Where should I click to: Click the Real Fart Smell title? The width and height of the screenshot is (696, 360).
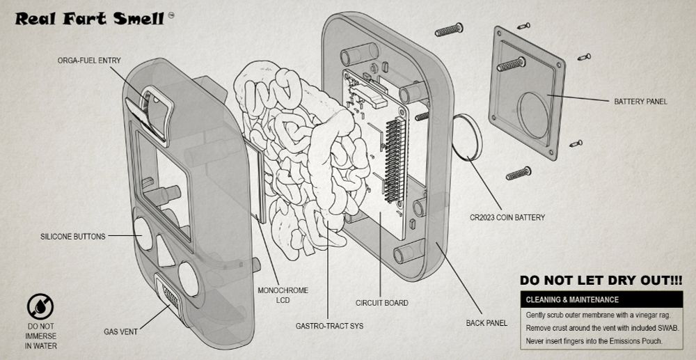coord(90,19)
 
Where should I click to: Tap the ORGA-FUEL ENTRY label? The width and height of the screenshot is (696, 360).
coord(89,61)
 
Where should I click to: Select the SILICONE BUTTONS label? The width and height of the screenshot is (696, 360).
coord(73,237)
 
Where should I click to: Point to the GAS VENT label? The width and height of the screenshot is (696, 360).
coord(120,331)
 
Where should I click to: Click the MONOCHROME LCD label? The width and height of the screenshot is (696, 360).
coord(283,295)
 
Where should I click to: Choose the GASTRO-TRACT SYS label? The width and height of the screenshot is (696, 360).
coord(329,327)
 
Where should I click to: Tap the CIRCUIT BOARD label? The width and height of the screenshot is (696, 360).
coord(381,303)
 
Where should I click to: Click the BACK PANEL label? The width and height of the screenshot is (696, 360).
coord(487,323)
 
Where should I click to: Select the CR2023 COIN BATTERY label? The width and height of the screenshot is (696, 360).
coord(507,217)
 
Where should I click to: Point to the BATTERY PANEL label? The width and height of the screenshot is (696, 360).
coord(640,102)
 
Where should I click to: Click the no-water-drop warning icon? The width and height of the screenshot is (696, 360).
coord(40,307)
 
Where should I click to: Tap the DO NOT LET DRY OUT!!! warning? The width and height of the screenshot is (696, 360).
coord(601,281)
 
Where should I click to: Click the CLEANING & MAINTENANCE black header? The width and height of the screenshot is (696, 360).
coord(601,299)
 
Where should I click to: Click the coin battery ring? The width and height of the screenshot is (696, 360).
coord(467,137)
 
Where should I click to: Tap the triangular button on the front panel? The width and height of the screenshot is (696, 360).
coord(165,251)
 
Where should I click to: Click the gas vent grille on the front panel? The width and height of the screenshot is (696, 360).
coord(170,296)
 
